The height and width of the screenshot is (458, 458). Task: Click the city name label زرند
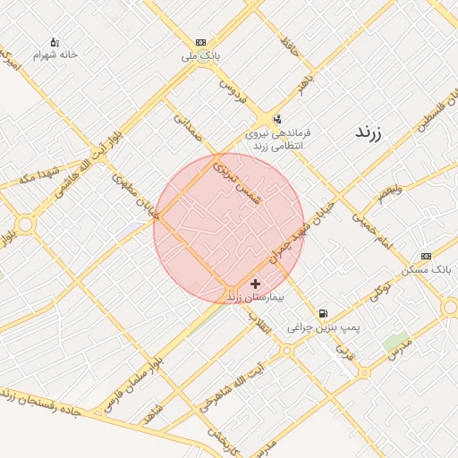tap(368, 134)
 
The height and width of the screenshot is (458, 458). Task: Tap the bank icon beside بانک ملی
tap(200, 42)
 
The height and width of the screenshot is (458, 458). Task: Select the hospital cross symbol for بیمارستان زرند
tap(256, 284)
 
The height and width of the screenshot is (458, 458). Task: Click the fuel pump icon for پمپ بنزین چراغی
tap(323, 314)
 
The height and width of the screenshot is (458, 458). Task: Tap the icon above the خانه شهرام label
tap(55, 42)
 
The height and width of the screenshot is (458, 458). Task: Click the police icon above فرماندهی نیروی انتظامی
tap(276, 119)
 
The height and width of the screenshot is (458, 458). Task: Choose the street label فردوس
tap(232, 93)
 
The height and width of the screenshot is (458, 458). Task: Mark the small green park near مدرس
tap(395, 341)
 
